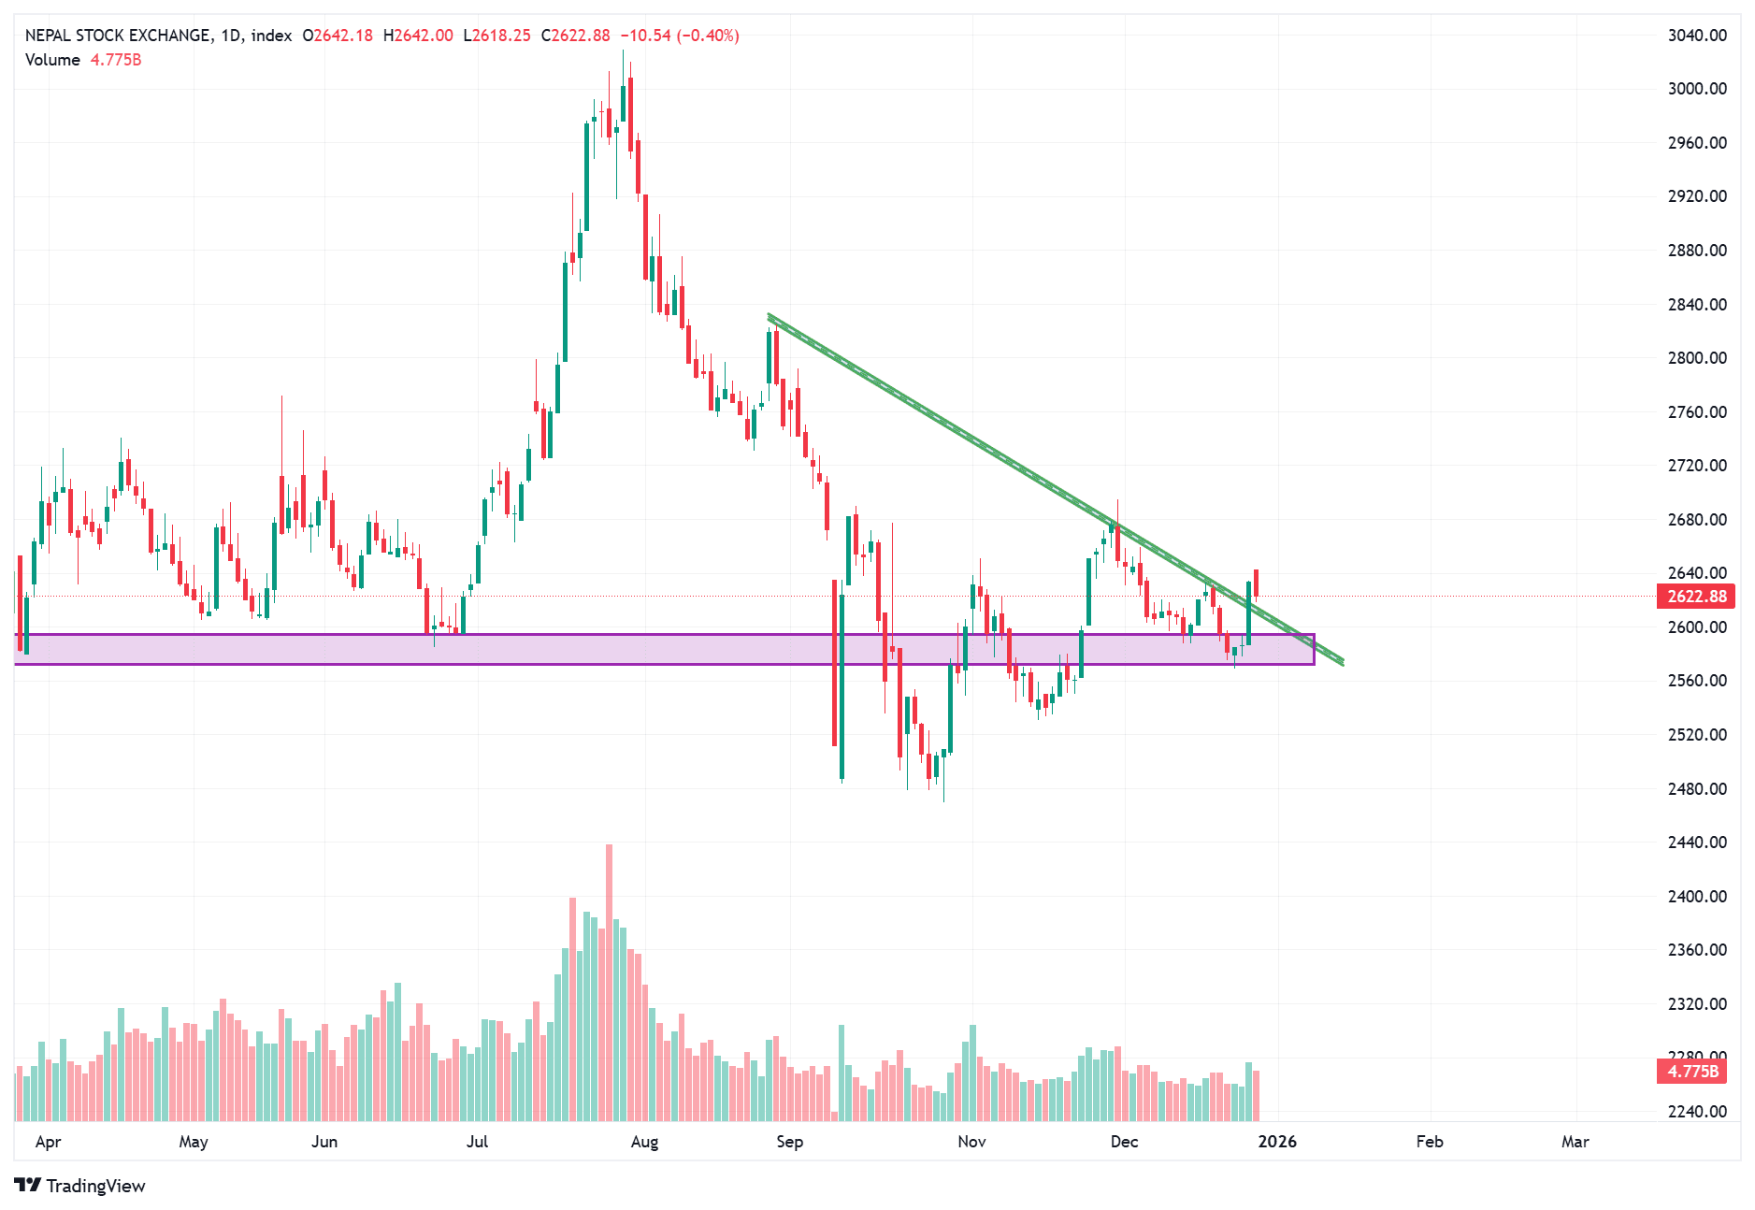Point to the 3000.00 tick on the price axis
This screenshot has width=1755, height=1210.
point(1696,89)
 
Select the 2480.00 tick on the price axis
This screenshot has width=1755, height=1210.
point(1696,788)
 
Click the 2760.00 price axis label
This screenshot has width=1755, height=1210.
point(1696,411)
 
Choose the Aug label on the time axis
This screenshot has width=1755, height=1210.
point(644,1142)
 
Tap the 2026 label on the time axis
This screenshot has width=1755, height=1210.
point(1277,1142)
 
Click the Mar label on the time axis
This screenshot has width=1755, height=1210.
point(1575,1142)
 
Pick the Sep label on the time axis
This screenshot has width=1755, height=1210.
point(789,1142)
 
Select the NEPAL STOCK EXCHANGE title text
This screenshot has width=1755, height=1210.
point(117,36)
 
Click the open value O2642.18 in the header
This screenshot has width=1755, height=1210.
point(337,36)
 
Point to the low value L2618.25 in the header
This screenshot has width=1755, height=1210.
point(496,36)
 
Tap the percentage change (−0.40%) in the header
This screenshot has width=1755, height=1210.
point(708,36)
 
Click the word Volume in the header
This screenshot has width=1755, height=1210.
point(52,60)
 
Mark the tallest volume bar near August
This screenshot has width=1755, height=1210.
point(610,982)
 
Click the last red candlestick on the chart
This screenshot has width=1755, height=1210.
point(1256,583)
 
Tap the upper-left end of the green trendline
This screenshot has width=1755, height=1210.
point(770,316)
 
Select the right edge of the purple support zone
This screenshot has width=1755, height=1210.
point(1314,649)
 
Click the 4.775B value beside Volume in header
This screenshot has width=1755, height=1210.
point(116,60)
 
